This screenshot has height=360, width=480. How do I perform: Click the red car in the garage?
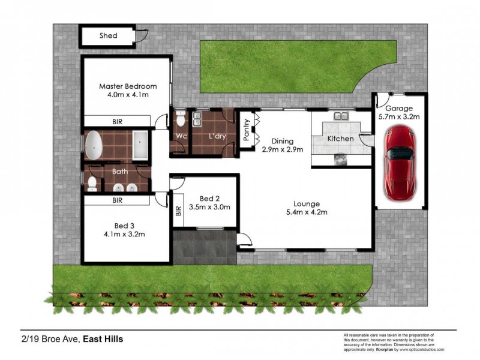click(400, 166)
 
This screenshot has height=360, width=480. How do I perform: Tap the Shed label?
click(108, 36)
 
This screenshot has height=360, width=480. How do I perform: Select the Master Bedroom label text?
click(128, 86)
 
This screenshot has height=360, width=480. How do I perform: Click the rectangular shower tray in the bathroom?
click(140, 145)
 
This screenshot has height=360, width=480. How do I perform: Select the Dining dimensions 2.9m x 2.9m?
click(282, 149)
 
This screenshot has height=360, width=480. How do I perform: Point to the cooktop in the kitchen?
click(340, 158)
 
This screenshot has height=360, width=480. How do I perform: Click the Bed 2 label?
click(209, 199)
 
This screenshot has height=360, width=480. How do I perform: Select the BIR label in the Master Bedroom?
click(118, 122)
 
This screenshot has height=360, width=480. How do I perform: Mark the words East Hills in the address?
click(103, 339)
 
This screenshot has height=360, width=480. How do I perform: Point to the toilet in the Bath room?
click(92, 183)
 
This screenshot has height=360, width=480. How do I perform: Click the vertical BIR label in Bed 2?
click(178, 211)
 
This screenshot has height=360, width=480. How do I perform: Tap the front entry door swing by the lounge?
click(244, 241)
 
